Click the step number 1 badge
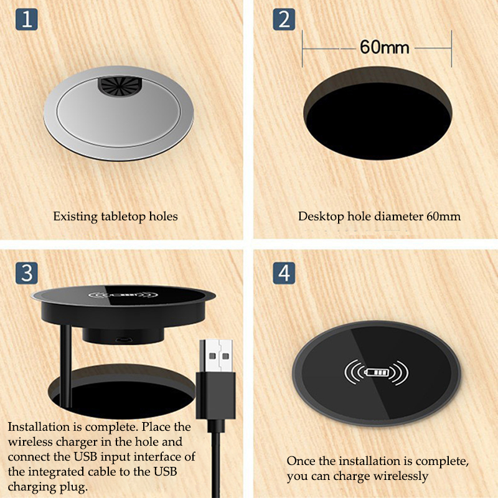(27, 19)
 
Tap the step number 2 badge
(284, 19)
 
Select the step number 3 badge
(27, 273)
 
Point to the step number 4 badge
(284, 273)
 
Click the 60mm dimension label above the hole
(385, 47)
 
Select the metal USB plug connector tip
(216, 356)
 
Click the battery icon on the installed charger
(377, 372)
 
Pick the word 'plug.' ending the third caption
(73, 487)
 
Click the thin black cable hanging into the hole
(66, 365)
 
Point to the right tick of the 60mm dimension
(451, 49)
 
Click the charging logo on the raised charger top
(123, 295)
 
